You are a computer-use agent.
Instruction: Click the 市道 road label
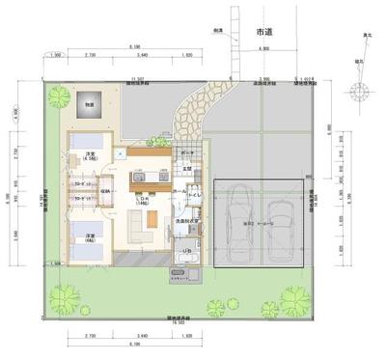[x=263, y=33]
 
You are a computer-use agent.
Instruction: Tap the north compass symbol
[x=361, y=94]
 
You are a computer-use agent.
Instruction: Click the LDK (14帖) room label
[x=144, y=199]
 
